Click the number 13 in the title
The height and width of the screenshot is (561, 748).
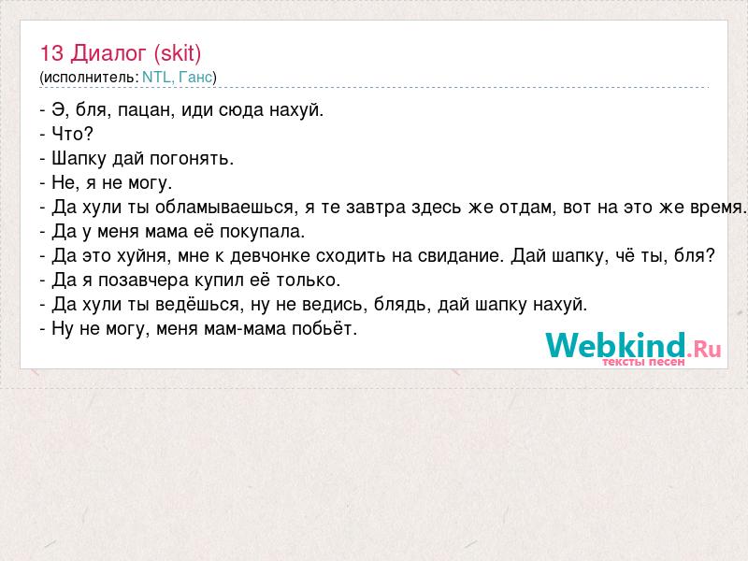click(51, 53)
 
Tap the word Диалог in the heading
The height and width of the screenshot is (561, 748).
click(108, 54)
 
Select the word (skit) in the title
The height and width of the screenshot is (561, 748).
click(178, 54)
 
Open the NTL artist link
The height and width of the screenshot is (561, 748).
click(156, 77)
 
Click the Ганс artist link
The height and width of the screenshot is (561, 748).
click(195, 77)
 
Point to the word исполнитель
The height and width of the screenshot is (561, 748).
click(89, 78)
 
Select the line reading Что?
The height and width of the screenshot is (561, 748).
click(66, 134)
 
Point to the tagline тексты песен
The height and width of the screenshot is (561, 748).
click(643, 362)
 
